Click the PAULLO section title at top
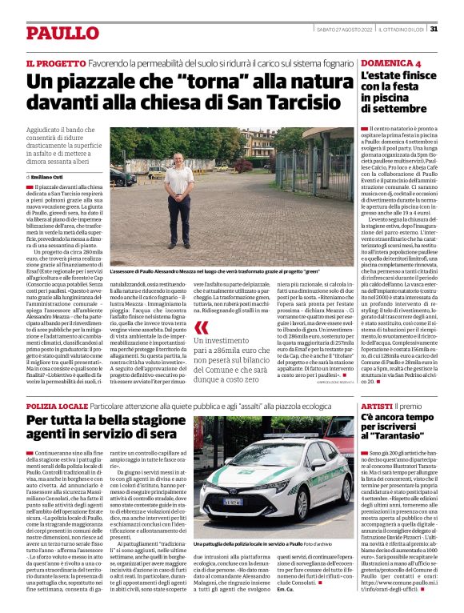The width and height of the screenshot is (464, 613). pos(61,33)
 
